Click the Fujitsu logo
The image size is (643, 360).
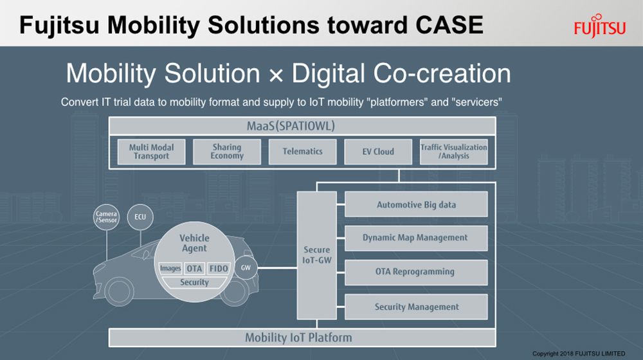pyautogui.click(x=599, y=26)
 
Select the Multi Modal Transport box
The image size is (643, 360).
pyautogui.click(x=151, y=152)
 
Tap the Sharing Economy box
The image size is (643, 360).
pyautogui.click(x=227, y=152)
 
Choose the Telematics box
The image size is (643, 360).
pyautogui.click(x=303, y=152)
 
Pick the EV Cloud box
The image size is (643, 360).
pyautogui.click(x=378, y=152)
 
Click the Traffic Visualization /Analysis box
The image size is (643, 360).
pyautogui.click(x=453, y=152)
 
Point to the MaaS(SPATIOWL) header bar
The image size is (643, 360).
pyautogui.click(x=302, y=126)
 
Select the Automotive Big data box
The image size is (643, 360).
pyautogui.click(x=416, y=204)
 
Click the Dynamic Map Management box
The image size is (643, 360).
pyautogui.click(x=416, y=238)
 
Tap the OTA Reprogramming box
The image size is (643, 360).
pyautogui.click(x=416, y=273)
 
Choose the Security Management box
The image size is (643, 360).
pyautogui.click(x=416, y=307)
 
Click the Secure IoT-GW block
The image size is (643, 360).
pyautogui.click(x=316, y=255)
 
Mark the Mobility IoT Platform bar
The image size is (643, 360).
pyautogui.click(x=302, y=337)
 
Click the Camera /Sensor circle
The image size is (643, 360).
pyautogui.click(x=106, y=217)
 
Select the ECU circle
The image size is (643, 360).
pyautogui.click(x=140, y=217)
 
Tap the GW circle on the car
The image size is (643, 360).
pyautogui.click(x=246, y=267)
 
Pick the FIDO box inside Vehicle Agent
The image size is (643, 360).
pyautogui.click(x=219, y=269)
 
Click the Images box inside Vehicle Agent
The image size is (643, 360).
pyautogui.click(x=170, y=269)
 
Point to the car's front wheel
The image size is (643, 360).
pyautogui.click(x=119, y=291)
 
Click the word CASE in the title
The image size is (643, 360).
pyautogui.click(x=449, y=25)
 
